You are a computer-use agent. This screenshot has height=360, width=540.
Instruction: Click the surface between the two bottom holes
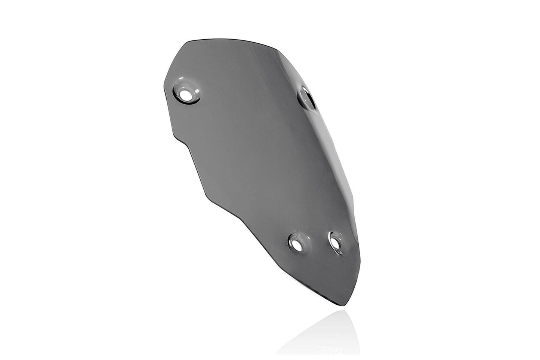coord(316,245)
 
